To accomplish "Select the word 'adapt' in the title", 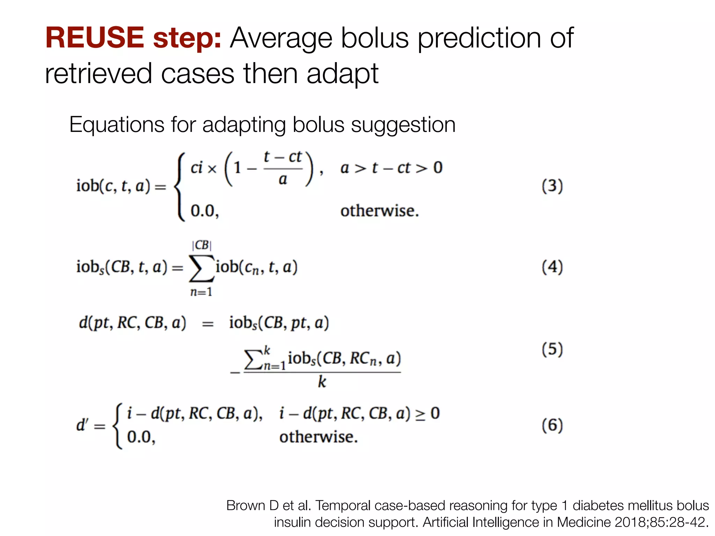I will pos(342,74).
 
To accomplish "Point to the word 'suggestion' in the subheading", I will pos(403,125).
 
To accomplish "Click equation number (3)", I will pos(552,186).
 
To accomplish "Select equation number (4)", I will pos(552,267).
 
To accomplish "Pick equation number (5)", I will pos(552,349).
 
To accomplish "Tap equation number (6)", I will pos(552,425).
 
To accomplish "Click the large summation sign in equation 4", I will pos(201,268).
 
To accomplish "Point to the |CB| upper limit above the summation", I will pos(201,245).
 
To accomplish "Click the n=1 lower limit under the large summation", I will pos(201,292).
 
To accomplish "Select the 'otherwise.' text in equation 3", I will pos(379,211).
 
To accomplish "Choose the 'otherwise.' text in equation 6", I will pos(318,437).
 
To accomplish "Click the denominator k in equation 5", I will pos(322,382).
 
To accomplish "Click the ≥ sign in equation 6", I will pos(420,415).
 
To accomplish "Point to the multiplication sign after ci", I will pos(212,169).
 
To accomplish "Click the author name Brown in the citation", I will pos(246,506).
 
